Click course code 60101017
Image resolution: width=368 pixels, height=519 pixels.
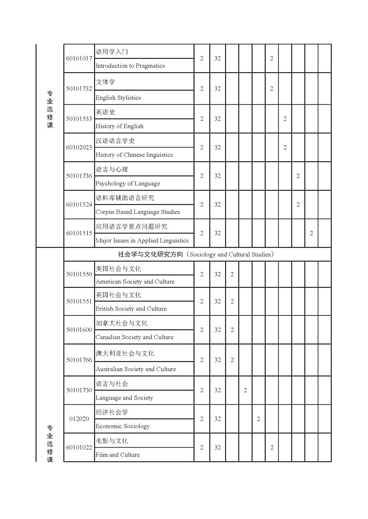79,59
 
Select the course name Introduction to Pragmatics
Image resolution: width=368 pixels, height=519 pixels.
130,66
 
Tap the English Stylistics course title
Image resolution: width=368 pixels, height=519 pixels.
118,98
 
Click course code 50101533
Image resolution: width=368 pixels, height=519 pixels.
79,119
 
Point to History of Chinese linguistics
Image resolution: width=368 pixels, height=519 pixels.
134,155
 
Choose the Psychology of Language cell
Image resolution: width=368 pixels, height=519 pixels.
128,183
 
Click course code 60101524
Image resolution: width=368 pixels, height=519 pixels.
79,205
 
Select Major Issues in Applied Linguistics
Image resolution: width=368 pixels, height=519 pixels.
142,240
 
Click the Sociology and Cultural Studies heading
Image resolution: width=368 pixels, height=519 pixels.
197,254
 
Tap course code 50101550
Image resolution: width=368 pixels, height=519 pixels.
79,274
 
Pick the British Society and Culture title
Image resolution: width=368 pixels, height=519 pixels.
131,309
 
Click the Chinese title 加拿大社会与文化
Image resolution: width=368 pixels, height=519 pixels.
121,323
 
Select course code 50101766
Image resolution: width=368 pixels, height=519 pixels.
79,360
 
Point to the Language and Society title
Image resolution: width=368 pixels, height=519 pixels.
124,398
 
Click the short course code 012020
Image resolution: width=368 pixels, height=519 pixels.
79,419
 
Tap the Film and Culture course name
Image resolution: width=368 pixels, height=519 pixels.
118,455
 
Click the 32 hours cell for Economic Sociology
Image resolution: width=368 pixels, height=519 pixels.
217,419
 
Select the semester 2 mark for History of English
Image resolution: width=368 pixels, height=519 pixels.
285,119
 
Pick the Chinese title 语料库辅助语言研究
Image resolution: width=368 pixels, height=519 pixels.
125,198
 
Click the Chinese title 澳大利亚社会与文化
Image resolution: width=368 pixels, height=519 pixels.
125,353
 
